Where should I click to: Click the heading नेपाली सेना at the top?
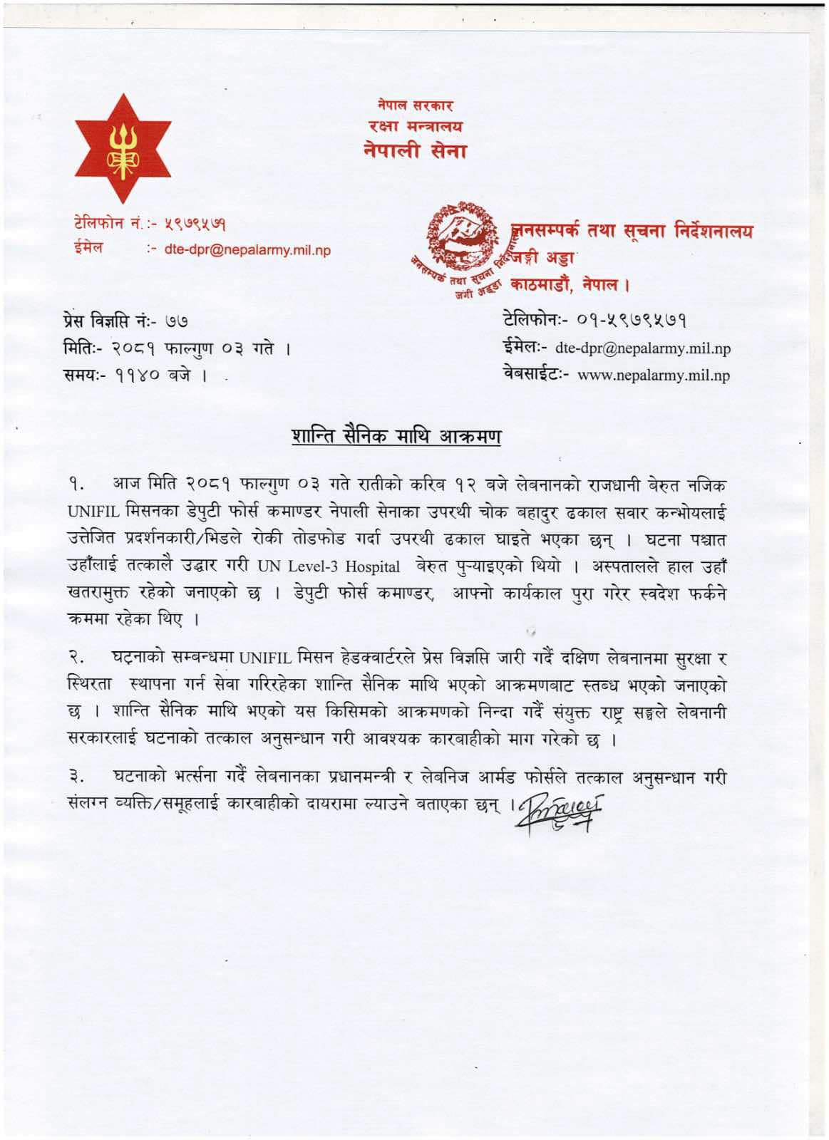(x=414, y=151)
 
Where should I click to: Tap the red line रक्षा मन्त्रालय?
(x=415, y=127)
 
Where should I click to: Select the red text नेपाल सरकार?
(x=415, y=105)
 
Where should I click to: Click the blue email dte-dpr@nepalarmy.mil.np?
(x=247, y=250)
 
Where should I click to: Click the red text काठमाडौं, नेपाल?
(x=570, y=284)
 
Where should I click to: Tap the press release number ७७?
(x=177, y=323)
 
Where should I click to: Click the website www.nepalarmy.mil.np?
(x=653, y=375)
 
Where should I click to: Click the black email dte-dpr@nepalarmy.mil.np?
(x=642, y=348)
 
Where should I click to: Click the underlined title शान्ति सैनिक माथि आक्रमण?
(x=396, y=436)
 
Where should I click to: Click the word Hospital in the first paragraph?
(x=372, y=567)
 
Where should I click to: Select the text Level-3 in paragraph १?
(x=313, y=567)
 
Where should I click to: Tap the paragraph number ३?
(x=77, y=777)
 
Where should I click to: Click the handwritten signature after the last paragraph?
(x=560, y=812)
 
